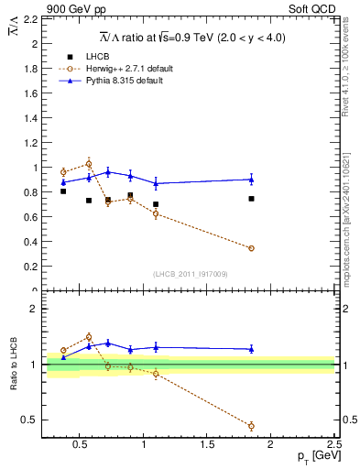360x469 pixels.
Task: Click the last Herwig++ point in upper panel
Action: coord(251,248)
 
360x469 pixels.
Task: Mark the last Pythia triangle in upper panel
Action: coord(251,179)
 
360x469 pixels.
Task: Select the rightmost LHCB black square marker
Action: coord(251,199)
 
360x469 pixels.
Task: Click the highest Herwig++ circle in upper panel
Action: coord(89,163)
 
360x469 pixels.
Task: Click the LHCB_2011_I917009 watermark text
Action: coord(189,275)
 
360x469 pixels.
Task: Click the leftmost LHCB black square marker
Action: coord(63,191)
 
